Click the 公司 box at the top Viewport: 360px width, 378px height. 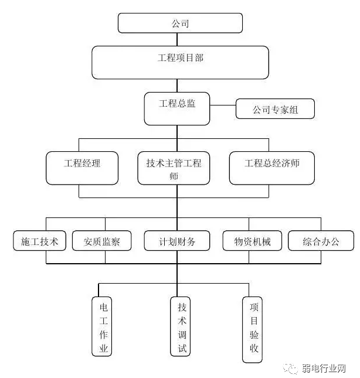click(180, 23)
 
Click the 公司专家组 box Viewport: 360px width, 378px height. click(275, 109)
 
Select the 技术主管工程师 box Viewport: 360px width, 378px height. click(174, 169)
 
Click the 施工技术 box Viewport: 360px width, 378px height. click(40, 241)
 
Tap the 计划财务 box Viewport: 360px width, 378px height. click(177, 241)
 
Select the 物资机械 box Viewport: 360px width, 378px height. click(252, 241)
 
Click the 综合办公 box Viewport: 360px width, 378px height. click(321, 241)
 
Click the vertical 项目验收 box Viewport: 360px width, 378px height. click(253, 329)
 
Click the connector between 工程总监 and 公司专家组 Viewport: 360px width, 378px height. click(223, 106)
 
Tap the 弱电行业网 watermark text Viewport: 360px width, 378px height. click(323, 368)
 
